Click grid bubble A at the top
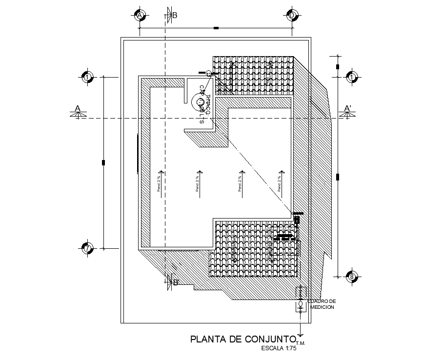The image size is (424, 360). tap(140, 16)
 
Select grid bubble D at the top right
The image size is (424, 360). tap(292, 15)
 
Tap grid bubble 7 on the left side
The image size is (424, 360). tap(87, 248)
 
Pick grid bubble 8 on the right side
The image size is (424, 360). tap(352, 278)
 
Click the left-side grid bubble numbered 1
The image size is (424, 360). tap(87, 77)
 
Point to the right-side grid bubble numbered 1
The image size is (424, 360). tap(352, 77)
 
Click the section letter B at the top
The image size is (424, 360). tap(175, 15)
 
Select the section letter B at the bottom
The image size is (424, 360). tap(176, 282)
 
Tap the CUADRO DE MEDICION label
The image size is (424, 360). tap(322, 304)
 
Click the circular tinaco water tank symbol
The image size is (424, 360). tap(199, 102)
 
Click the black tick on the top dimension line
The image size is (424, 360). tap(216, 28)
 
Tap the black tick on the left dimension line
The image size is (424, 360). tap(103, 162)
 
